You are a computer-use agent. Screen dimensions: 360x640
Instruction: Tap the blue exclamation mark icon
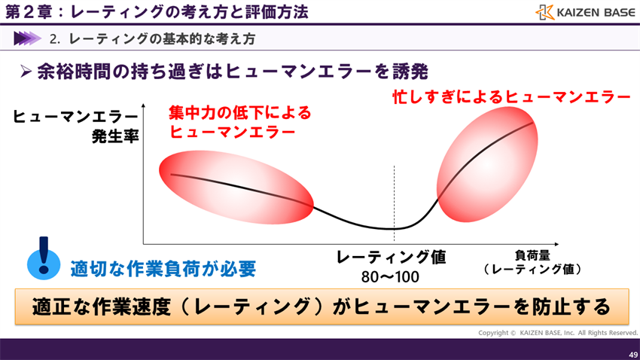44,258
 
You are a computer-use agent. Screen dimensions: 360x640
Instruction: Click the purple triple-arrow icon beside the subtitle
28,38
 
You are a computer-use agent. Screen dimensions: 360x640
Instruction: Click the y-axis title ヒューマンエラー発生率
76,126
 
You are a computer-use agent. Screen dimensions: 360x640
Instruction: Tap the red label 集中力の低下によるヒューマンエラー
239,121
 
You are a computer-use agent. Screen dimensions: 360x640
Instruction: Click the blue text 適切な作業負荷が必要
163,269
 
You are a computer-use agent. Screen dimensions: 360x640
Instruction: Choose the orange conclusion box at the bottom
321,307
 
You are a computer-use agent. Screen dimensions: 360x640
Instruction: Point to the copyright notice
557,333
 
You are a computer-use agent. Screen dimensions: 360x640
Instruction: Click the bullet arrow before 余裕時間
25,72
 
